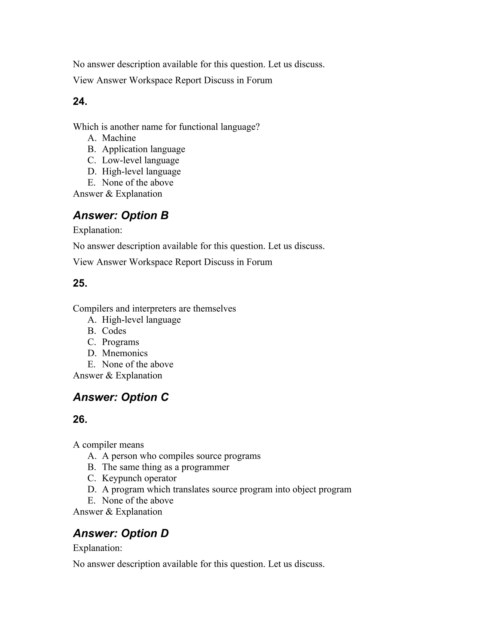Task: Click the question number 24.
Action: tap(80, 102)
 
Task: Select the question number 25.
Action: tap(80, 283)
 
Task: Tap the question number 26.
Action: tap(80, 420)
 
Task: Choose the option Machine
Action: tap(119, 138)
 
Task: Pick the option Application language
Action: tap(143, 149)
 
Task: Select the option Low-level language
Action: tap(140, 160)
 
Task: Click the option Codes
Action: tap(114, 331)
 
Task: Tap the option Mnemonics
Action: tap(125, 353)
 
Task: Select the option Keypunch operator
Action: tap(139, 478)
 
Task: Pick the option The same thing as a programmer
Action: tap(165, 467)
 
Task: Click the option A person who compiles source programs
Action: tap(181, 456)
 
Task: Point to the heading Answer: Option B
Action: tap(121, 216)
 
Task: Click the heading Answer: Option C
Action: tap(121, 397)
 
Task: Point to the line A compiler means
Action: tap(108, 445)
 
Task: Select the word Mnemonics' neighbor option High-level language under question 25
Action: tap(141, 320)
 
